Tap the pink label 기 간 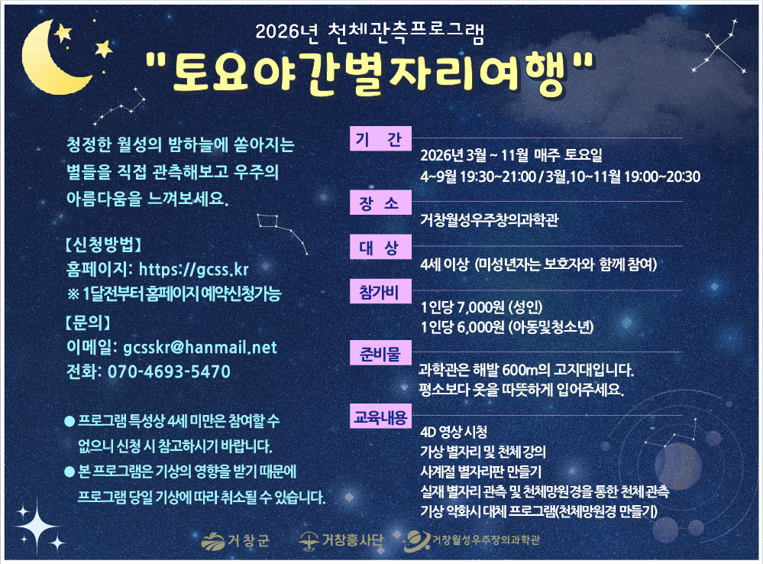click(379, 141)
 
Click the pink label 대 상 click(379, 248)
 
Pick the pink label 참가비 click(379, 291)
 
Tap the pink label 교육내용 click(380, 418)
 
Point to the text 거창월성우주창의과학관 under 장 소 click(489, 221)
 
